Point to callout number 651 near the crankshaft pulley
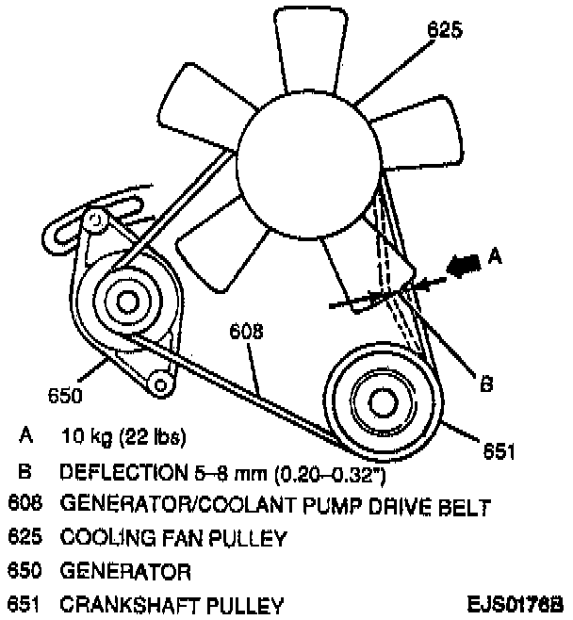point(499,453)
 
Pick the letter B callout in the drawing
point(486,383)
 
